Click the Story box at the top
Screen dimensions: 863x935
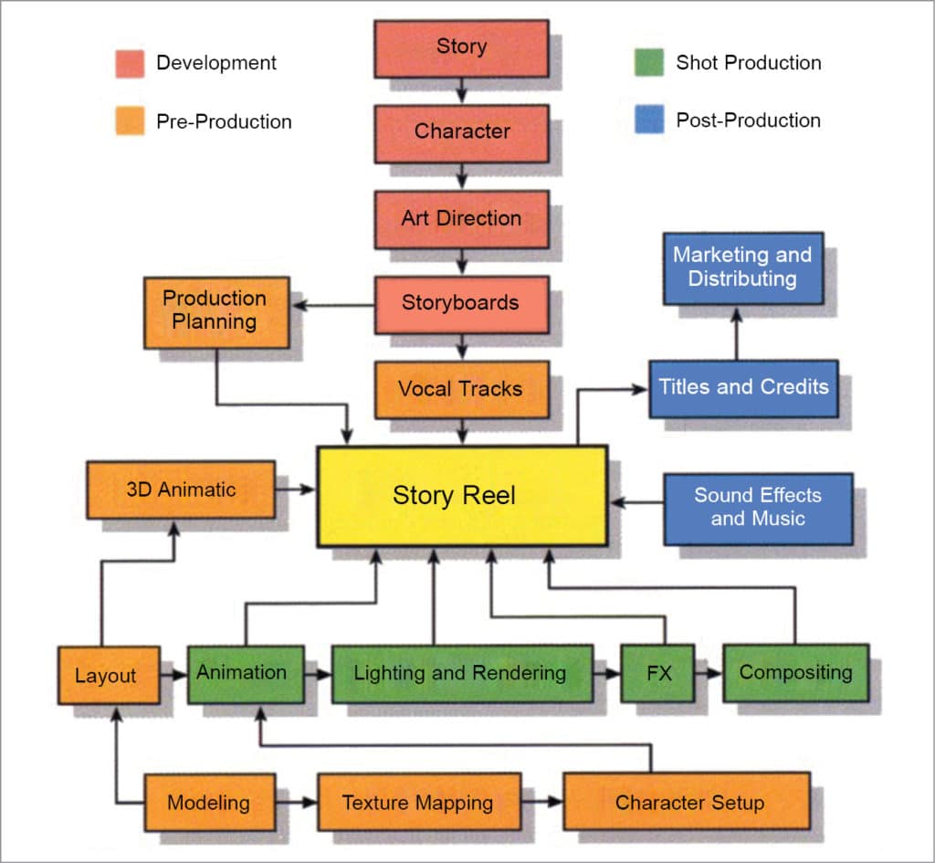point(461,47)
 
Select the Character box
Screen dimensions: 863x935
point(461,132)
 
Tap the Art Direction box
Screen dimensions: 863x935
point(461,219)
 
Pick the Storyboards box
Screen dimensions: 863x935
point(461,304)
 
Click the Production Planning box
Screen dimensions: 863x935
point(216,311)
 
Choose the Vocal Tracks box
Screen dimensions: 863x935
point(461,389)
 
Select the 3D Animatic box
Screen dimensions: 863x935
point(181,489)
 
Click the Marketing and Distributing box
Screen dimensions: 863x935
point(742,268)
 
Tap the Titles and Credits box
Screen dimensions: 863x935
point(743,387)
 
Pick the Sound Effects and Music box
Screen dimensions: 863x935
point(758,508)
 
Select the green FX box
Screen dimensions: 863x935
point(657,674)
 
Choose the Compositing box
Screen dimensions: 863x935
point(795,673)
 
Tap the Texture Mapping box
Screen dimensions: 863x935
point(418,803)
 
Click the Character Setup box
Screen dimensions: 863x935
point(687,802)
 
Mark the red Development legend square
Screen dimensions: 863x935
point(130,64)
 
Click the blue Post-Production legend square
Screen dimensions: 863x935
point(649,121)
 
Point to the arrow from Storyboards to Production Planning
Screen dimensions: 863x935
point(332,305)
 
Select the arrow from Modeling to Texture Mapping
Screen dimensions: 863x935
point(297,803)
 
